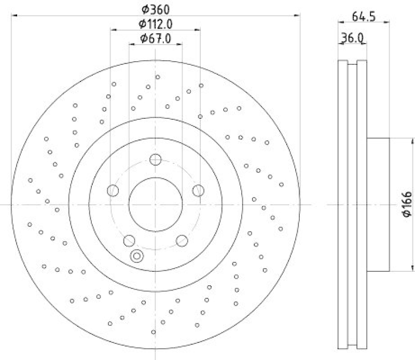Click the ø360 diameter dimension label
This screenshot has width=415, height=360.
pos(156,9)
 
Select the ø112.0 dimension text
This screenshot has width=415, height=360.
pos(155,24)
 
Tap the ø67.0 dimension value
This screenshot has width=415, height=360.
pos(156,38)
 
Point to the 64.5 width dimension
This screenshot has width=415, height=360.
pos(364,16)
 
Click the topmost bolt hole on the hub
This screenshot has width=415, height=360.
pos(156,160)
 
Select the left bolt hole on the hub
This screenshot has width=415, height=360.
pos(113,191)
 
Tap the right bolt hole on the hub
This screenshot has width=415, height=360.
pos(198,191)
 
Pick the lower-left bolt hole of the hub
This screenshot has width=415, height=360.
pos(129,240)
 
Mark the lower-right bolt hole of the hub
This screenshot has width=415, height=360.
pos(182,240)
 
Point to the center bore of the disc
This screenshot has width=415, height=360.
pos(156,204)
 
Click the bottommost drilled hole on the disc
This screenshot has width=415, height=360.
pos(154,332)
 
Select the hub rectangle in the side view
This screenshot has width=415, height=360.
pos(378,204)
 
